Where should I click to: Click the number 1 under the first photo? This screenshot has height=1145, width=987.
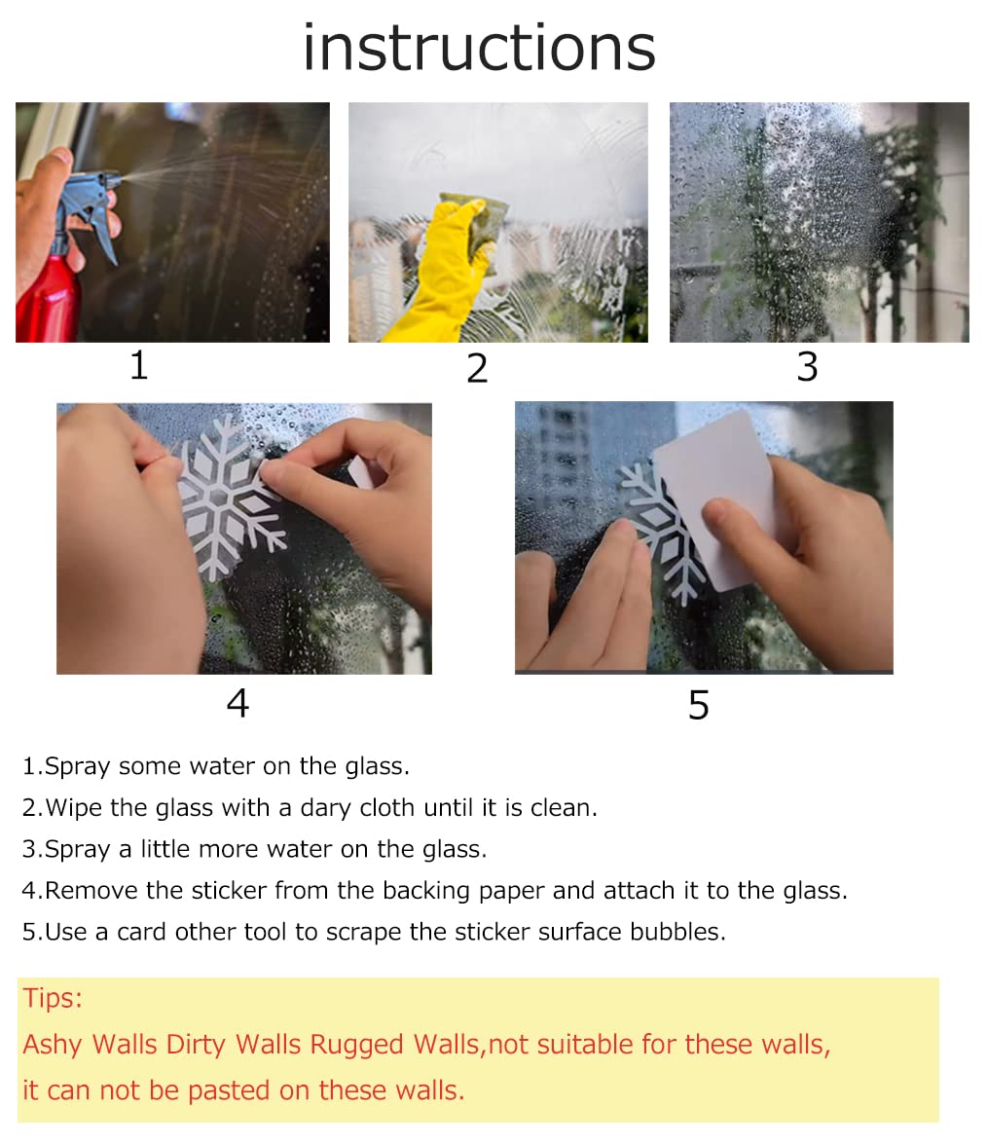(x=139, y=366)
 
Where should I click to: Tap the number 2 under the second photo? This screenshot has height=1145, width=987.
(x=477, y=369)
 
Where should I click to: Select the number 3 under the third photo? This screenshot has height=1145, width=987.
(x=807, y=367)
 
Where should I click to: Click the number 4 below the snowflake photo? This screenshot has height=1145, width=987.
(x=238, y=703)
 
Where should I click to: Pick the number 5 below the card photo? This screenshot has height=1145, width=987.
(x=699, y=705)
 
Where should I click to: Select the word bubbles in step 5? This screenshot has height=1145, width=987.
(x=684, y=932)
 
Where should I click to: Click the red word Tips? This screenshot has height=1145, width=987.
(x=53, y=998)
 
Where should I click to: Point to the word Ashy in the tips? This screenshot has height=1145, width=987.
(x=54, y=1045)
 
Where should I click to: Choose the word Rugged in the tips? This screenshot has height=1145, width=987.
(x=356, y=1045)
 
